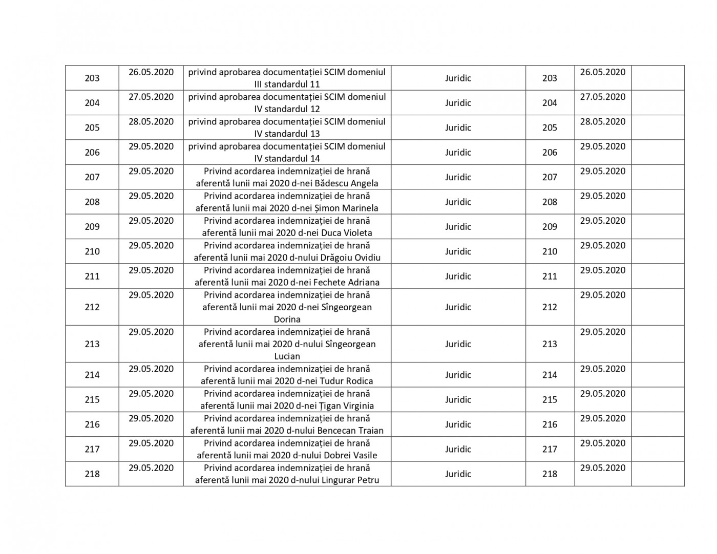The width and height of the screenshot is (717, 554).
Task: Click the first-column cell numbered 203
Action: (92, 78)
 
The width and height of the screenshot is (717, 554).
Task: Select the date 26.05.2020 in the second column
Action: (151, 72)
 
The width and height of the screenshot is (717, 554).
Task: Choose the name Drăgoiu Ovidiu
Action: (350, 258)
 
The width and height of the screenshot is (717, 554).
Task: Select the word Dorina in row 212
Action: (287, 319)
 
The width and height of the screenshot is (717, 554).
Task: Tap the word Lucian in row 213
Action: (287, 356)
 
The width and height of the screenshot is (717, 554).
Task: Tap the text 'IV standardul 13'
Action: (287, 134)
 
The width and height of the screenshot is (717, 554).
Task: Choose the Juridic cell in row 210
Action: (458, 251)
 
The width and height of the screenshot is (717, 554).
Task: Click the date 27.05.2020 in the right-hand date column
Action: (603, 97)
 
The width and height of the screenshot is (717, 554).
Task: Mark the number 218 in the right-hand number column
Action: (550, 474)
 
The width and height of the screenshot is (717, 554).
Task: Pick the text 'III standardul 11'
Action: (287, 84)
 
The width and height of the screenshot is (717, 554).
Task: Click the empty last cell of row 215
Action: (658, 399)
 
